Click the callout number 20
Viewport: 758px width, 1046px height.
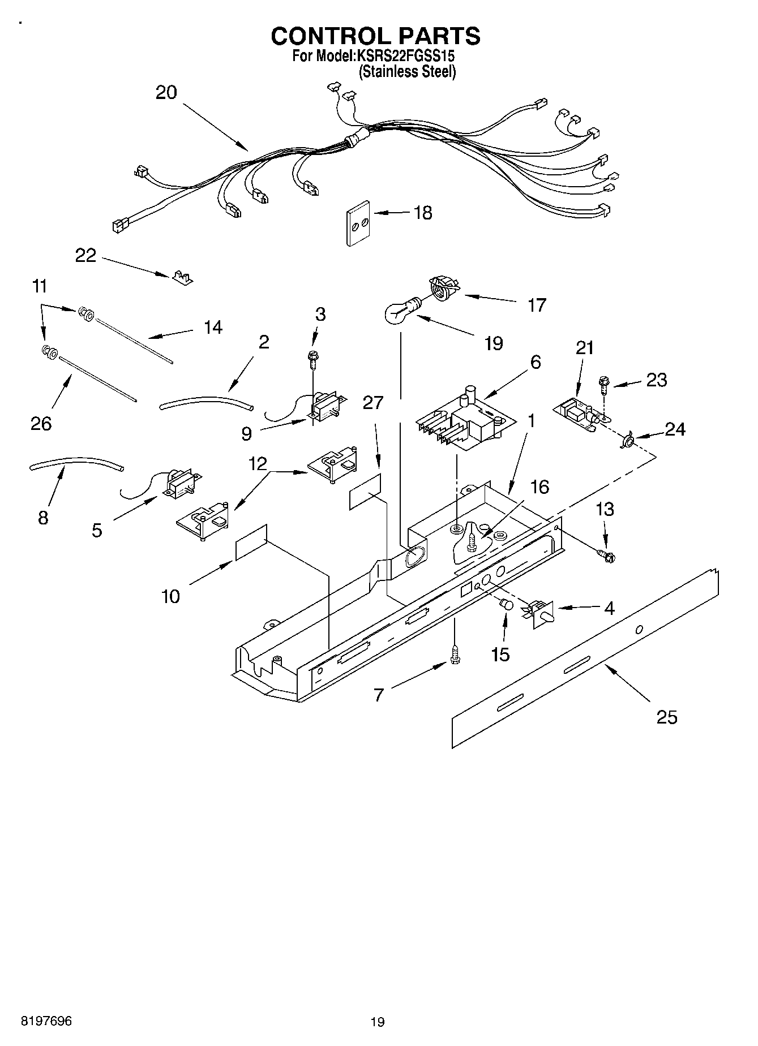166,92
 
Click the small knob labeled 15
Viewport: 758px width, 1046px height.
506,605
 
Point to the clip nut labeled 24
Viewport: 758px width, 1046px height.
627,440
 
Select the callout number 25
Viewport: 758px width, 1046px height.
666,717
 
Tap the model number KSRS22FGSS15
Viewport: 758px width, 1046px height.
405,57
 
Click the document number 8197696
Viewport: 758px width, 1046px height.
46,1021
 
